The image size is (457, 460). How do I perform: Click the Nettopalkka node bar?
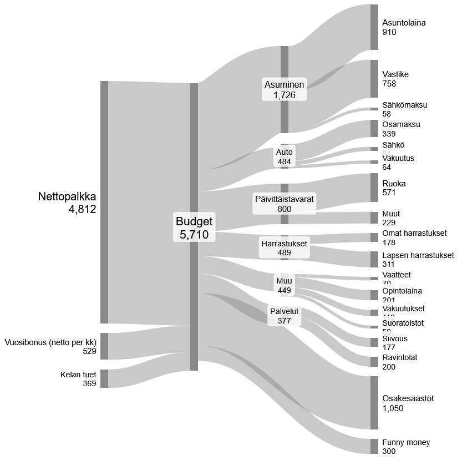[x=104, y=202]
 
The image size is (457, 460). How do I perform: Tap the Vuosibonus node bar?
[x=104, y=346]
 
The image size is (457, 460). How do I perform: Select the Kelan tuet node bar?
[x=104, y=378]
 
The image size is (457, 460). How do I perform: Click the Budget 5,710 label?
[x=194, y=228]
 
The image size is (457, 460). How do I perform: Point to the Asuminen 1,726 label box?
[x=285, y=90]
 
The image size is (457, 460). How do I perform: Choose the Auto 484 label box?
[x=285, y=156]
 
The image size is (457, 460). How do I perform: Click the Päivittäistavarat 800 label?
[x=285, y=204]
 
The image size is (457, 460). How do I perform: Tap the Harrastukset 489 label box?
[x=285, y=247]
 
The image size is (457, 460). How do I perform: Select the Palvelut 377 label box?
[x=285, y=316]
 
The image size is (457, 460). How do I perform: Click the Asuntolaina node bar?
[x=374, y=27]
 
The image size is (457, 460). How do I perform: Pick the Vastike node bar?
[x=374, y=79]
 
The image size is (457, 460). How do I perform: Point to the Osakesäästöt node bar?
[x=374, y=402]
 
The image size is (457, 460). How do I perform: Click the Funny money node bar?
[x=374, y=446]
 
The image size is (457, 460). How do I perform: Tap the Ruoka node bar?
[x=374, y=188]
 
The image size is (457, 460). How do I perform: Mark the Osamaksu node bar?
[x=374, y=128]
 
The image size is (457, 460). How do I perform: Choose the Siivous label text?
[x=395, y=338]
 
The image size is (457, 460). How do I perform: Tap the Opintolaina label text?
[x=402, y=291]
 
